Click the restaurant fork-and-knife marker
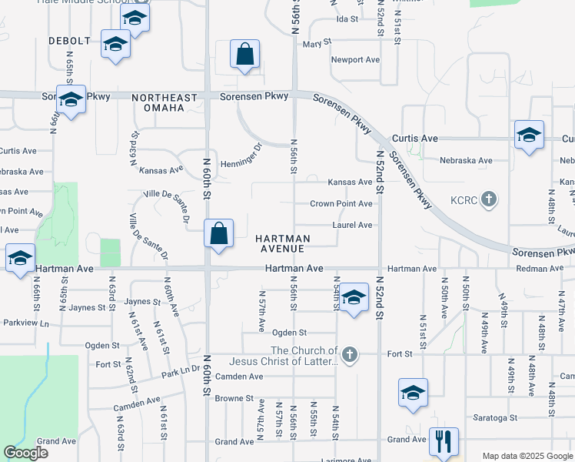(444, 441)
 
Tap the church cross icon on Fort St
(350, 355)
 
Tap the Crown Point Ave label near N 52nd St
(341, 204)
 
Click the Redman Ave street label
(540, 269)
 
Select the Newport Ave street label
(355, 59)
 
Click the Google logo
(25, 453)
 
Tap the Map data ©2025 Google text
(527, 456)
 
